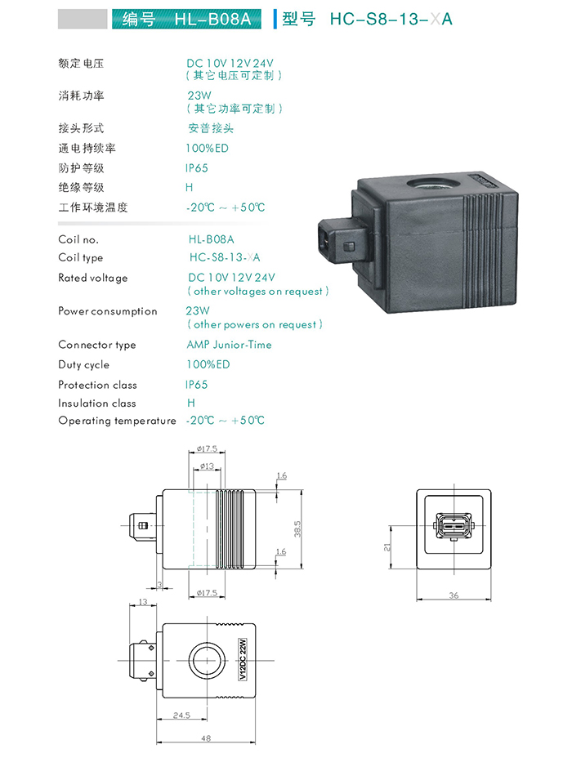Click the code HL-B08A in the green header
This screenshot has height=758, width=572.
212,19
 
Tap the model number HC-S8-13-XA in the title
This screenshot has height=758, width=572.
391,19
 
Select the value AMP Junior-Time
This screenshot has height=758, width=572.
229,345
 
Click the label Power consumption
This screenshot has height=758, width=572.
108,311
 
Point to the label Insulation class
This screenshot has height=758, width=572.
97,404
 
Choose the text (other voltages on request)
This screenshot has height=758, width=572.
258,291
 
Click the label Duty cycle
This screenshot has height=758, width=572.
83,365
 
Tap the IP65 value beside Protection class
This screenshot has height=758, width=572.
196,385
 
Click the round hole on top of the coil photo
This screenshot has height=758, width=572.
427,184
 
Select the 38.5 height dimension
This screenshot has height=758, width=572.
297,528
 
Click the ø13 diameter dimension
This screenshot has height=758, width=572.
207,466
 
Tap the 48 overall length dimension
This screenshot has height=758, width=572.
206,738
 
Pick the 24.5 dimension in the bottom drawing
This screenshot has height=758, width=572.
181,715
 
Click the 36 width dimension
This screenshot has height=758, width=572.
454,595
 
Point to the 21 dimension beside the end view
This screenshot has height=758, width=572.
387,547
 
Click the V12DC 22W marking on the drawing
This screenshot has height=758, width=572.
243,659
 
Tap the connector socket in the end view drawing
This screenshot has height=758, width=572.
454,526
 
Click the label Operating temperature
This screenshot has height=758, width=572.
117,421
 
